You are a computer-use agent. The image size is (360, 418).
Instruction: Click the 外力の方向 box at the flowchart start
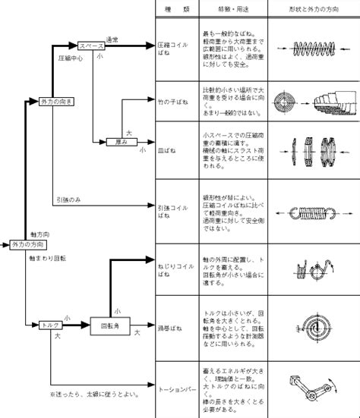click(30, 246)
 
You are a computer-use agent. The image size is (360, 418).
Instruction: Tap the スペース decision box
click(92, 47)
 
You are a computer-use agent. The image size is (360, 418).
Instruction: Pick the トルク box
click(51, 325)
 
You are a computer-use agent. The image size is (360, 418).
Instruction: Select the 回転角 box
click(107, 325)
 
